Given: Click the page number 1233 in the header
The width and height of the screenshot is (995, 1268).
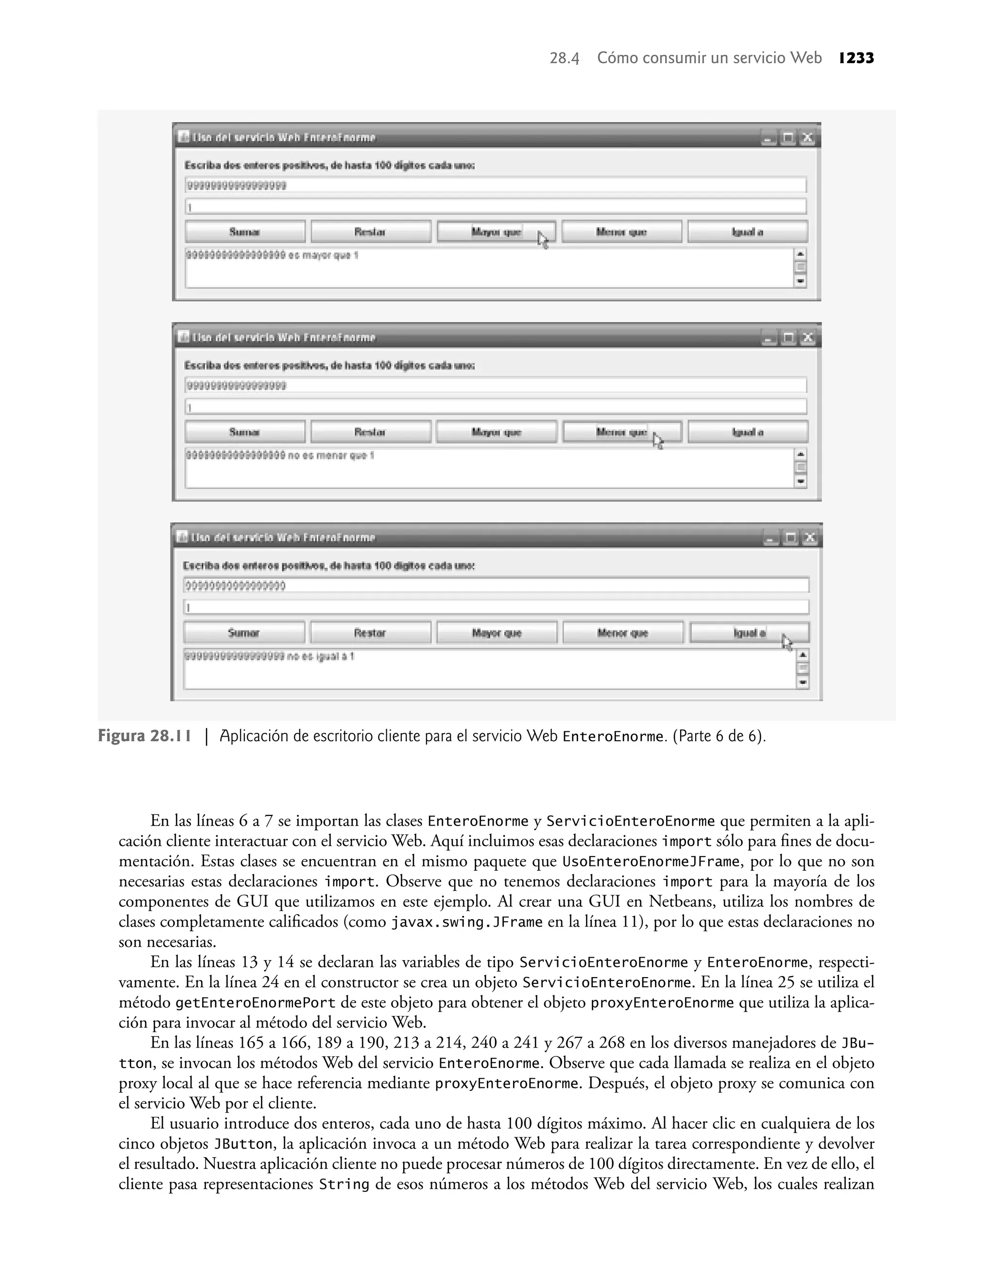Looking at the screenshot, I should click(x=857, y=58).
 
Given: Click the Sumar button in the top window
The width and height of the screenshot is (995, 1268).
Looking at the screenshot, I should click(x=245, y=232).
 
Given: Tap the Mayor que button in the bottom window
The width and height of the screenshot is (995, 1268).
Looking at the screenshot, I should click(x=497, y=633).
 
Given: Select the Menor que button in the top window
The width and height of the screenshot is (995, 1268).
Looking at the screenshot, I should click(x=621, y=232).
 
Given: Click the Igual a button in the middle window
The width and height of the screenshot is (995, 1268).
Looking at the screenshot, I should click(x=747, y=432).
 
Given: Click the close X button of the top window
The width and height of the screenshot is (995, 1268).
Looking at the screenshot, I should click(x=807, y=138).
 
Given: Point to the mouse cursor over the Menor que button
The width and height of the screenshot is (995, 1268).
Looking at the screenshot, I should click(x=657, y=440).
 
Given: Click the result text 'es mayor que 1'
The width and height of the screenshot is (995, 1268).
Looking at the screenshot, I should click(x=323, y=255).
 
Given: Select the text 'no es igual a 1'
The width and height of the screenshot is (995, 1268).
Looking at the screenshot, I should click(x=320, y=657).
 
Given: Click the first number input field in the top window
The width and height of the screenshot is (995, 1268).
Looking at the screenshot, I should click(x=495, y=186).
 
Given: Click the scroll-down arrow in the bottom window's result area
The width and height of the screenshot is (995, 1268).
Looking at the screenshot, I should click(x=803, y=682).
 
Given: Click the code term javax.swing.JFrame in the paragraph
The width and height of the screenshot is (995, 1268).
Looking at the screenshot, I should click(x=466, y=922).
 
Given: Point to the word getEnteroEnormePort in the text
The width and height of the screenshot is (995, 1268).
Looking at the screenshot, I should click(x=255, y=1002).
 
